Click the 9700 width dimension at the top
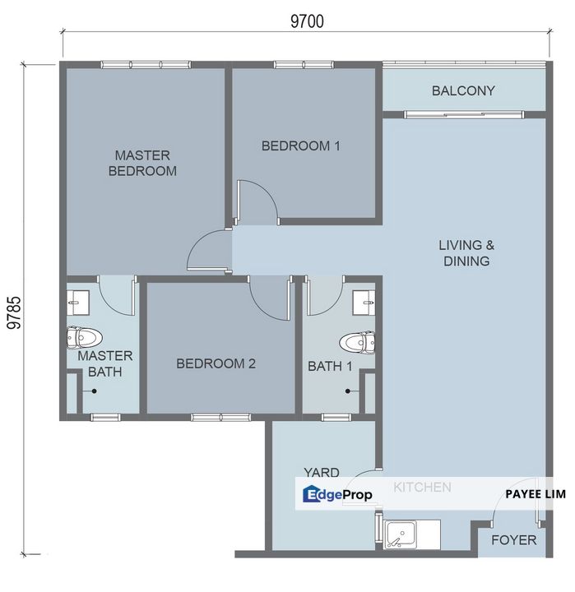(x=305, y=22)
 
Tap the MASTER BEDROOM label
(x=142, y=163)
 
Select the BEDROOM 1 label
(x=301, y=146)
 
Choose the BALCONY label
(x=463, y=90)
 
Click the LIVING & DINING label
(x=464, y=253)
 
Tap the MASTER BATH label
(x=104, y=363)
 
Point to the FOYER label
(x=513, y=540)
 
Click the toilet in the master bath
(x=84, y=337)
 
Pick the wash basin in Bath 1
(x=363, y=303)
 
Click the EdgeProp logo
(x=338, y=494)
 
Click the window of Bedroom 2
(x=220, y=417)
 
